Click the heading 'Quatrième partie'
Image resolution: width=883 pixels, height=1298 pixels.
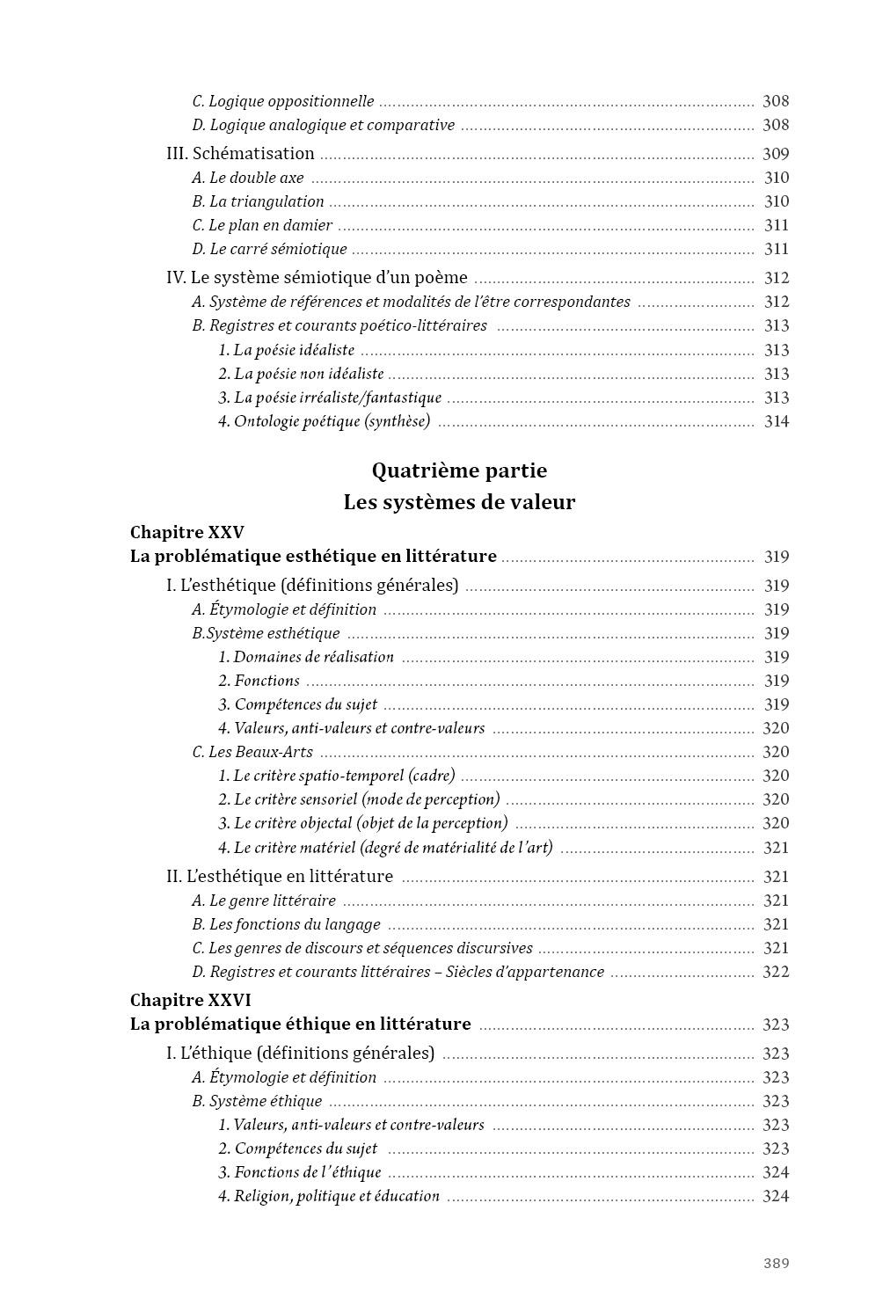[x=459, y=470]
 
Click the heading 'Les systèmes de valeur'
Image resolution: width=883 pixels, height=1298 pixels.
[x=459, y=502]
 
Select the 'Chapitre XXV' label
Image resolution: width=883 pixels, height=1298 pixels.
[x=186, y=532]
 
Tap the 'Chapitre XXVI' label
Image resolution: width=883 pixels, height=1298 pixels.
[x=190, y=1000]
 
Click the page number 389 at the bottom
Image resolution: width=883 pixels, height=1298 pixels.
[x=776, y=1263]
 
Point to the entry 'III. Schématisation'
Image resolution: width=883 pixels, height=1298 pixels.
[x=240, y=153]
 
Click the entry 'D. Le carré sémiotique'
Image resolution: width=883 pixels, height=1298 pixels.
[x=269, y=249]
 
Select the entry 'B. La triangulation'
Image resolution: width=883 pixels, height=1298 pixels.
[x=258, y=201]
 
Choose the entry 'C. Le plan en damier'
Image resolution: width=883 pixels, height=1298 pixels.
[x=262, y=225]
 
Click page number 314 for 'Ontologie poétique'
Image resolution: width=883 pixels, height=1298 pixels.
[x=776, y=421]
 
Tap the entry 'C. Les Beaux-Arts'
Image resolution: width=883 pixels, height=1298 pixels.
[x=252, y=752]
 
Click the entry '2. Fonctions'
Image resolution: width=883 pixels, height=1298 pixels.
[x=259, y=681]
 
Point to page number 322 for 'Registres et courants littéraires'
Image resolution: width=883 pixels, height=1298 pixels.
[x=776, y=972]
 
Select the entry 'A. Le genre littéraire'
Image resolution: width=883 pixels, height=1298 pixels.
[x=264, y=901]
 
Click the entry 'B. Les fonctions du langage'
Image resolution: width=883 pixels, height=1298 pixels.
[x=286, y=924]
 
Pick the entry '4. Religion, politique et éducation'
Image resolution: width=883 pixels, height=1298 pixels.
[x=328, y=1196]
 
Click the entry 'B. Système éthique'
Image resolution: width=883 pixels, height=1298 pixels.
[x=257, y=1101]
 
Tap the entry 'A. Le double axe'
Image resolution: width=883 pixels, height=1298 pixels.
[x=247, y=178]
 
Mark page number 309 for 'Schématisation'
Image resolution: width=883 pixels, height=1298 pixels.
[x=776, y=153]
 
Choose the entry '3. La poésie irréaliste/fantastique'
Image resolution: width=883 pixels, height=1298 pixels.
[x=329, y=397]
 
